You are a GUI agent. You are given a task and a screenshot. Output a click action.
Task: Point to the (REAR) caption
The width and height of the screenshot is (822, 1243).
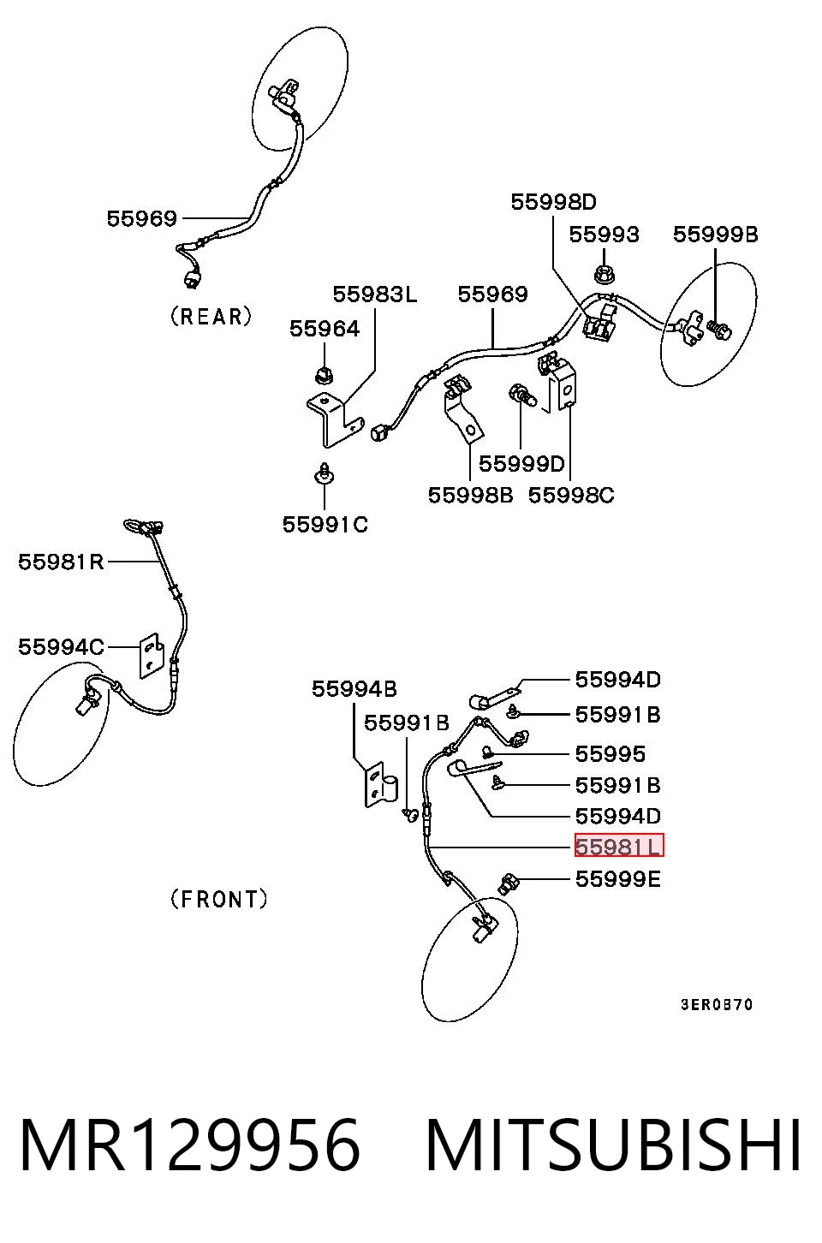211,317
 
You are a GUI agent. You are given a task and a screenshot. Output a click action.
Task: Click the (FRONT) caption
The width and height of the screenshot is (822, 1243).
218,900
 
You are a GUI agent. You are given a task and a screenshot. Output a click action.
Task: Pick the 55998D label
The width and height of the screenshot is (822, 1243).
553,202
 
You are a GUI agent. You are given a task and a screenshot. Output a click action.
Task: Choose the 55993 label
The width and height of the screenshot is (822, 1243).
604,235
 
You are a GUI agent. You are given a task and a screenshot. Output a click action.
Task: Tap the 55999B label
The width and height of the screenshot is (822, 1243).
716,235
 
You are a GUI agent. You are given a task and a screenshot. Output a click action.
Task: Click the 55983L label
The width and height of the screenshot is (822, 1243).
375,294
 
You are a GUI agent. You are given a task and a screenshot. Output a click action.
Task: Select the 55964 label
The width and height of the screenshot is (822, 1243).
325,329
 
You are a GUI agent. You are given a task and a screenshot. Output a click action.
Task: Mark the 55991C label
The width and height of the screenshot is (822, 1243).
325,525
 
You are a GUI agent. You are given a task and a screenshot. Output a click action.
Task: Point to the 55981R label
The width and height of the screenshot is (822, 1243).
61,562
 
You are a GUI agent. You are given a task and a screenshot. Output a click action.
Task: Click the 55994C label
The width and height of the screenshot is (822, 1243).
61,647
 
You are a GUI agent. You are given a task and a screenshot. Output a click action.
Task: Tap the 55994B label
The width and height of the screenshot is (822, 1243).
354,689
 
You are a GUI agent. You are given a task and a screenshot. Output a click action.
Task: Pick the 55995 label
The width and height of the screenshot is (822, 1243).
610,754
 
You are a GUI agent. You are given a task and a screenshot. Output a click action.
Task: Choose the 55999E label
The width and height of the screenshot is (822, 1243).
617,879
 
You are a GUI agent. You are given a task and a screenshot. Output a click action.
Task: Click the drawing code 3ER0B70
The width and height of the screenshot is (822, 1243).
717,1005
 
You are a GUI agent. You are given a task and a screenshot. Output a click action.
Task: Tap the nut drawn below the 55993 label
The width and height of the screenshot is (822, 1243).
604,274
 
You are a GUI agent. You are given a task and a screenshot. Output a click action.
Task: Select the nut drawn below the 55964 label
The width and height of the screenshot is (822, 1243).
325,376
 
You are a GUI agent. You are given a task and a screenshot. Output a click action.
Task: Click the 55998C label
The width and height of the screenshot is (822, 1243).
571,495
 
